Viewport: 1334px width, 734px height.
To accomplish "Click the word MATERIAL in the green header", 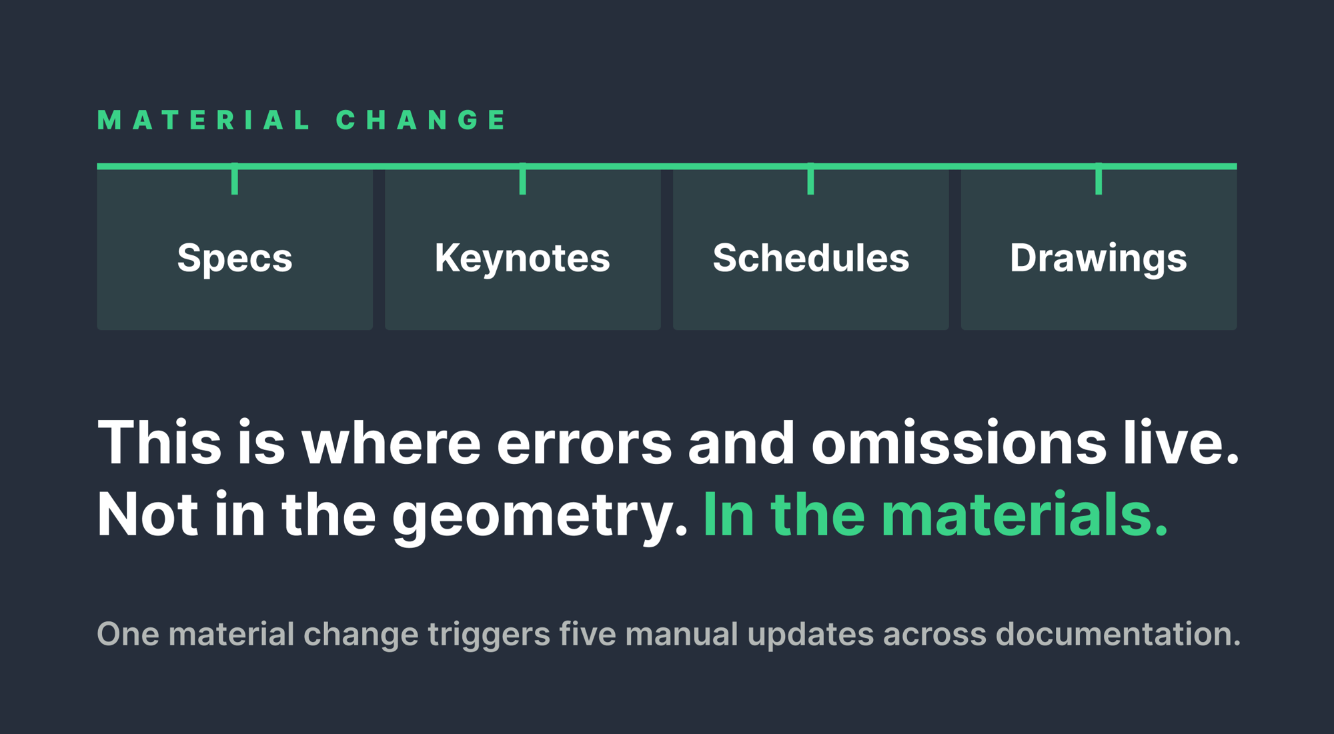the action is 203,120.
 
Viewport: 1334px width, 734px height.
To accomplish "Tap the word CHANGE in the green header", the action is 421,120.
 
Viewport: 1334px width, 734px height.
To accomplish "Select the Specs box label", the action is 235,259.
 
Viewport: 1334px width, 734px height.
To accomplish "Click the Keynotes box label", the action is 522,259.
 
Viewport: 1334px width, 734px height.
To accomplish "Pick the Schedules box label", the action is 811,257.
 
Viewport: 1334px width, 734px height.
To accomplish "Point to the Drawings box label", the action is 1099,259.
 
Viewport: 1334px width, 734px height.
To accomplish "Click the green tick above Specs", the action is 235,179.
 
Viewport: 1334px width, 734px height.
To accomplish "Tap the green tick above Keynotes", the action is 523,179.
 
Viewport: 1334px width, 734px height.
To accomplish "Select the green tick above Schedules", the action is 810,179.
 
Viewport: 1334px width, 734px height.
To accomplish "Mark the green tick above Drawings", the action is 1099,179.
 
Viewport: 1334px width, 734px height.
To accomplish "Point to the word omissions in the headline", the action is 958,443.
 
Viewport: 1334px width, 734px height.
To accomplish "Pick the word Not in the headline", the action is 147,514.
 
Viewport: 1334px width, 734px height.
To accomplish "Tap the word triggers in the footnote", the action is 489,636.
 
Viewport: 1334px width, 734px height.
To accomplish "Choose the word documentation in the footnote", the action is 1118,633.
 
